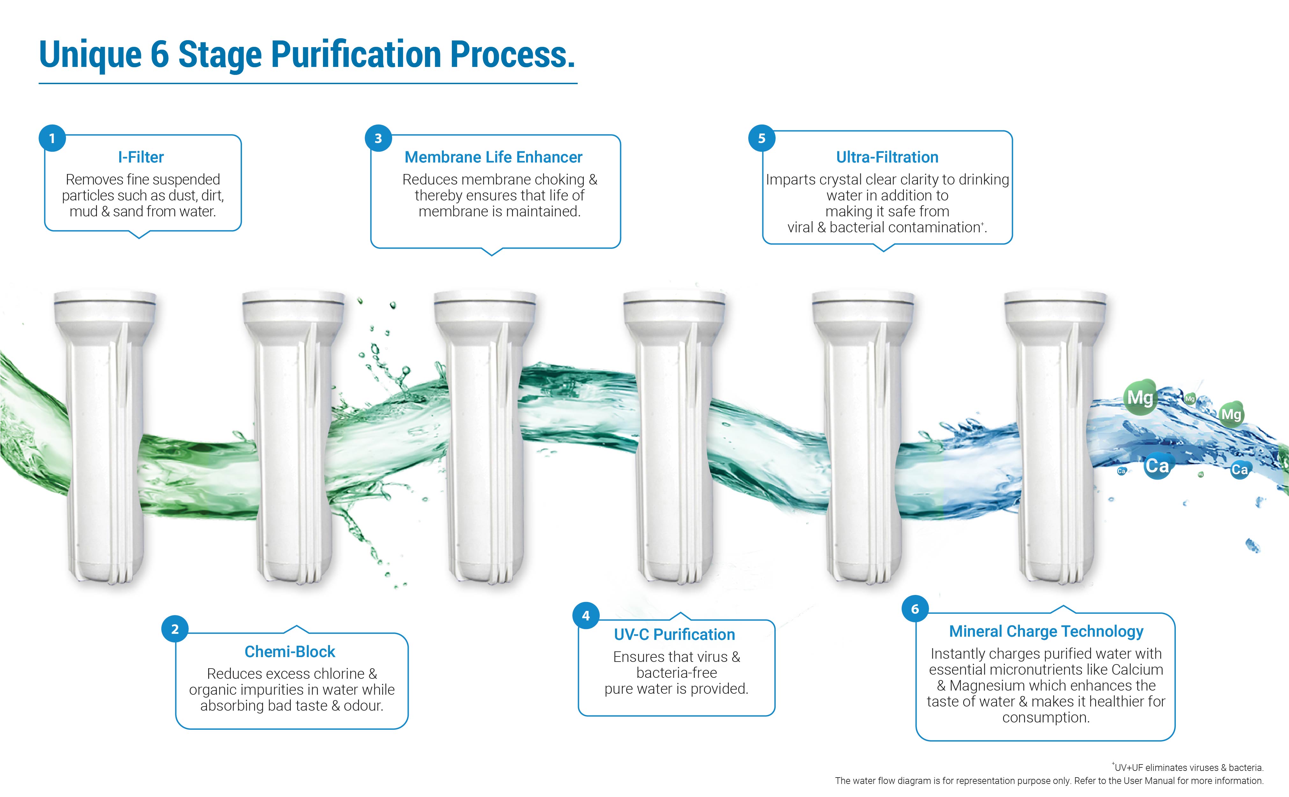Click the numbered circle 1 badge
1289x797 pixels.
[52, 138]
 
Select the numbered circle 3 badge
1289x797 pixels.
[378, 138]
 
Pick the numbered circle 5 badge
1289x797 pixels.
[762, 138]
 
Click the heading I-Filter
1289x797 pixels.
[141, 157]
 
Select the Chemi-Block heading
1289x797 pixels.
[290, 651]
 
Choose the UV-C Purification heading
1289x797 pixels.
[674, 634]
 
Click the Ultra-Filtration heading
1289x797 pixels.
[887, 157]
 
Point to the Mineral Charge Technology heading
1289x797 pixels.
[1046, 631]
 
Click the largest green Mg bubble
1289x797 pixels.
[1140, 397]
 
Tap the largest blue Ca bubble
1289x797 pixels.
[1157, 466]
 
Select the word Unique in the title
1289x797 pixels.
[91, 55]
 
